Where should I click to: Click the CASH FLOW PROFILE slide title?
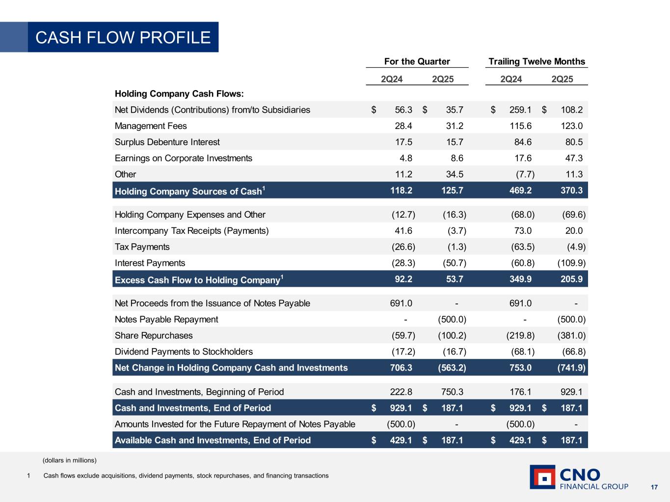click(x=123, y=37)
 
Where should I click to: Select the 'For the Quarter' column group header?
click(x=417, y=61)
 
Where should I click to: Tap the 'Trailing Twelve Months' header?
click(x=536, y=61)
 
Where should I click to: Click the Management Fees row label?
click(x=151, y=126)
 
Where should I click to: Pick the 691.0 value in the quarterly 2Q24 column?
click(x=401, y=303)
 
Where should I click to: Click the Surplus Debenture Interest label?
click(x=167, y=142)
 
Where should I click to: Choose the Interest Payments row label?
click(x=150, y=263)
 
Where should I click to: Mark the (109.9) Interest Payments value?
click(x=571, y=263)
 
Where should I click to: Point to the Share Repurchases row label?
click(x=154, y=336)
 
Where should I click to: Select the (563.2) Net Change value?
click(x=452, y=368)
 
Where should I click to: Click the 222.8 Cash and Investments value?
click(x=401, y=392)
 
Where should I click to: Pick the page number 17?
click(x=654, y=487)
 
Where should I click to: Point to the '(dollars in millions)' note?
click(x=70, y=460)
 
